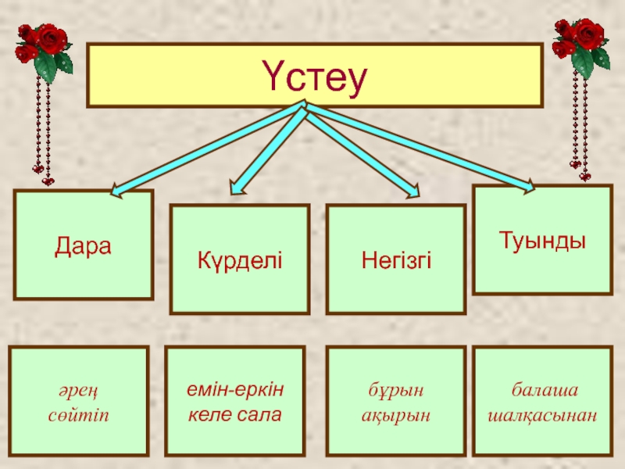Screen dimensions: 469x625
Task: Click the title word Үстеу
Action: click(x=314, y=77)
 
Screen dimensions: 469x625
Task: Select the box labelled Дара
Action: click(x=84, y=245)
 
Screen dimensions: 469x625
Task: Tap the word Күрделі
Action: click(x=240, y=259)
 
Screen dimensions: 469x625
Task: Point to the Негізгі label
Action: click(x=396, y=259)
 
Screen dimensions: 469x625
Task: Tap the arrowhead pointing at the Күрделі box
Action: click(x=237, y=186)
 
